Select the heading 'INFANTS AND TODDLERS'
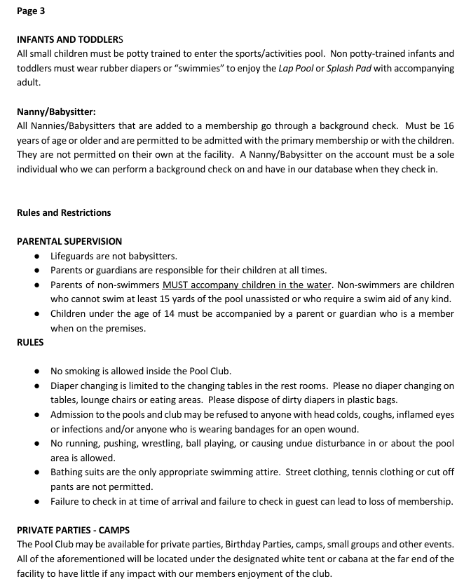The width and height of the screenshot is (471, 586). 70,40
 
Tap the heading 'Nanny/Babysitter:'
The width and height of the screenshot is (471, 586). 56,111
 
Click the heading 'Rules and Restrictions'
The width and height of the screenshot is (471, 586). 64,212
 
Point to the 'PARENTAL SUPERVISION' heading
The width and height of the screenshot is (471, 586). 69,241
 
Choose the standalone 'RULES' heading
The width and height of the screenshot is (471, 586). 30,343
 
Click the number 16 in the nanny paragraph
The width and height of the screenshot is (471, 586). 448,125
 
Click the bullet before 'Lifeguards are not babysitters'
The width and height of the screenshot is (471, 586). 36,257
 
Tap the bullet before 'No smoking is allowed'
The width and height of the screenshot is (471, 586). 36,372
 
